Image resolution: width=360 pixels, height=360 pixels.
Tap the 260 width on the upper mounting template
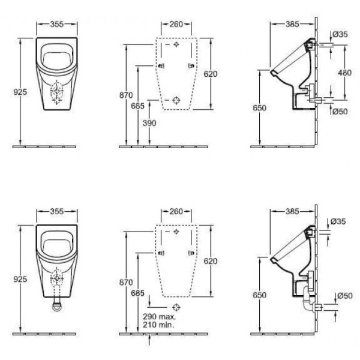[x=176, y=25]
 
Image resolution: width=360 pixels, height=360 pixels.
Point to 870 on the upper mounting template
[x=126, y=95]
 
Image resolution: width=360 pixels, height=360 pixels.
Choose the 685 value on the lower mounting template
[x=137, y=292]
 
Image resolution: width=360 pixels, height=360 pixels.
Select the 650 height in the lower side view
[x=260, y=295]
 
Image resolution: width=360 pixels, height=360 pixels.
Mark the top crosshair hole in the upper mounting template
[x=176, y=46]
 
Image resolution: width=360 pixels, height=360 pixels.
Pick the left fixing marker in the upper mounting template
[x=161, y=66]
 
